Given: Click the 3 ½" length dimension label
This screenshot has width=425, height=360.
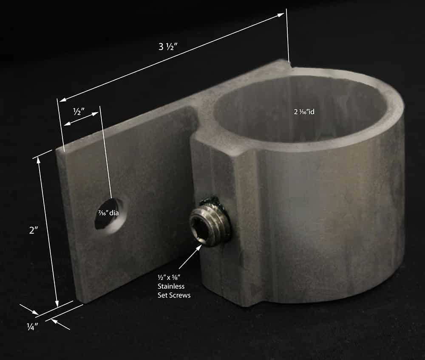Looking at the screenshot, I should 168,47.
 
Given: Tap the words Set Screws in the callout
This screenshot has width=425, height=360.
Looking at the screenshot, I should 174,295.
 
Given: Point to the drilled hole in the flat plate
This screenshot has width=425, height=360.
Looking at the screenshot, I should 109,213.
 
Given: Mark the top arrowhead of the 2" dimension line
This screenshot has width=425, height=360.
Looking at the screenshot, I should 40,160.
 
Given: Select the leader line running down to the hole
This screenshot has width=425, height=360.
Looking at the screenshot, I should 106,153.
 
